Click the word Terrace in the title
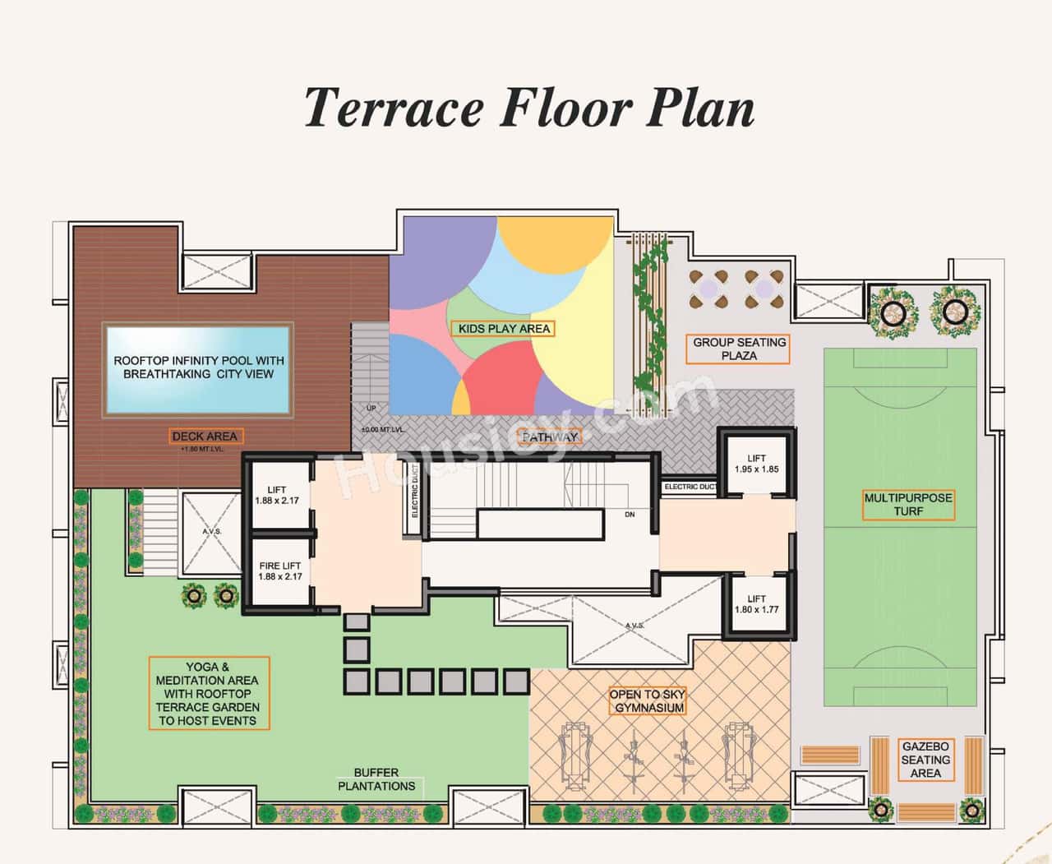393,108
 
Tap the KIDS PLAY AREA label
504,329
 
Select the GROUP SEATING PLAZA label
739,349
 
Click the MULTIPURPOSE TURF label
908,504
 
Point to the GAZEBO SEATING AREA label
925,760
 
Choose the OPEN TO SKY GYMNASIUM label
648,700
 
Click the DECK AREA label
205,437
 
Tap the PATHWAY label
549,437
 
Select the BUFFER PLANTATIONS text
376,779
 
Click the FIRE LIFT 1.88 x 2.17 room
279,571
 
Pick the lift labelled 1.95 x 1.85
756,464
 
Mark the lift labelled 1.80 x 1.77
756,604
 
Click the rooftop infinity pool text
198,367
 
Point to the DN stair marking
630,515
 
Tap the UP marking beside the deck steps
371,409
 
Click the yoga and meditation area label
207,694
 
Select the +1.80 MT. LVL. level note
201,450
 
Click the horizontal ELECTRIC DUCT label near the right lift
690,487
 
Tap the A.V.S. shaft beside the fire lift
211,532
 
